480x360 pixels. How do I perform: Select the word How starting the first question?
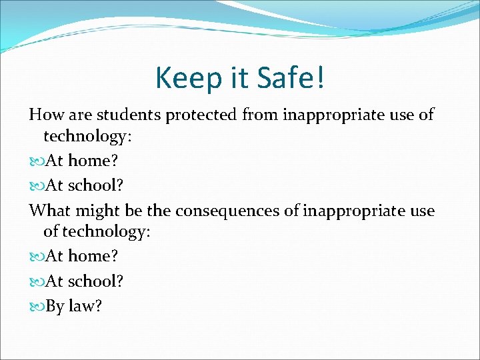coord(43,115)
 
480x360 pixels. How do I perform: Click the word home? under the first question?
coord(93,161)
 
